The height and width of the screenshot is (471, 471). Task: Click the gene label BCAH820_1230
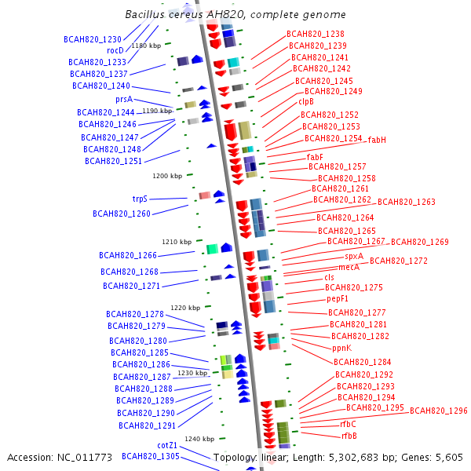point(93,38)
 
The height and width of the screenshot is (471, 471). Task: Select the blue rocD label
point(115,50)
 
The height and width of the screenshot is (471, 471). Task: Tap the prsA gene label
point(124,100)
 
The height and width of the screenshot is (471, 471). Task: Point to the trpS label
point(140,199)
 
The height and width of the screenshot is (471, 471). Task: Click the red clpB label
point(306,101)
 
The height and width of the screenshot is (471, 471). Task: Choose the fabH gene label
point(377,140)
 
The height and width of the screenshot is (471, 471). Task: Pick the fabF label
point(316,157)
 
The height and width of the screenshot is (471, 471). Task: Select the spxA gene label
point(354,256)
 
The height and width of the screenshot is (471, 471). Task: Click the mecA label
point(349,267)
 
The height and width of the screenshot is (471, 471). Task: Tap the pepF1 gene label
point(338,298)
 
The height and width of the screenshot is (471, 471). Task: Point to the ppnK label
point(341,348)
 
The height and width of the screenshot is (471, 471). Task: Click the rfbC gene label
point(348,424)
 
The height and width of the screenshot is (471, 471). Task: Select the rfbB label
point(349,436)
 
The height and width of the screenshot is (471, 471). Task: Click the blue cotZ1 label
point(167,445)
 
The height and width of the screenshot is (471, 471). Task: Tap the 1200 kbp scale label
point(167,176)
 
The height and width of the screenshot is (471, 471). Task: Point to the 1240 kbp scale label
point(199,439)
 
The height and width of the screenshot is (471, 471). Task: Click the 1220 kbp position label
point(185,308)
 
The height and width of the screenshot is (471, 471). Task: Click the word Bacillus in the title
point(144,15)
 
